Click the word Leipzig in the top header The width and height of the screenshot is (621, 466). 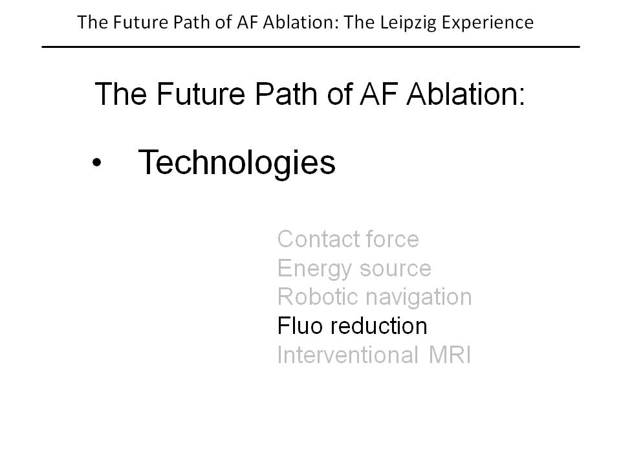(x=408, y=23)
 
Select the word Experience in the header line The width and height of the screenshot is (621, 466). (x=487, y=23)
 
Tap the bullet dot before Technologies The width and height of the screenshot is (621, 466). (x=96, y=162)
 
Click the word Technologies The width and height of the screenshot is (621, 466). (x=237, y=163)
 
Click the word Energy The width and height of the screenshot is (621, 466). (x=314, y=269)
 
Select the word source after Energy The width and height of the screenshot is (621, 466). (x=395, y=269)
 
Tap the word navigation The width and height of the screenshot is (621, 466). (x=419, y=297)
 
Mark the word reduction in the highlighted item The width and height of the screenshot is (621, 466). (x=379, y=326)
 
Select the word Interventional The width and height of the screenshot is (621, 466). (x=348, y=355)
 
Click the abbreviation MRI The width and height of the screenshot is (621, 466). (x=450, y=355)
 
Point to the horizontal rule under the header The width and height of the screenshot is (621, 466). (x=311, y=47)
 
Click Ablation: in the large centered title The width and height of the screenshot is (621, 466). (x=466, y=94)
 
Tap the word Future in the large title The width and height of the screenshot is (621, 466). (x=201, y=94)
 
